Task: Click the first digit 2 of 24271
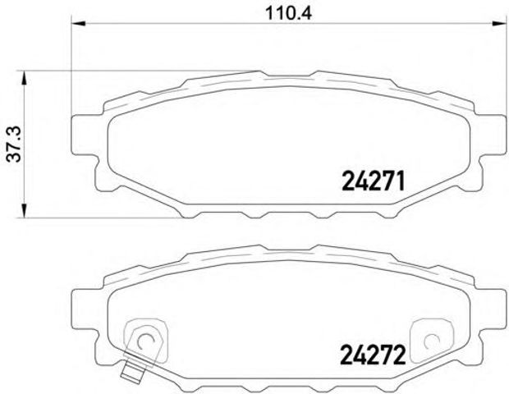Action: pos(345,178)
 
